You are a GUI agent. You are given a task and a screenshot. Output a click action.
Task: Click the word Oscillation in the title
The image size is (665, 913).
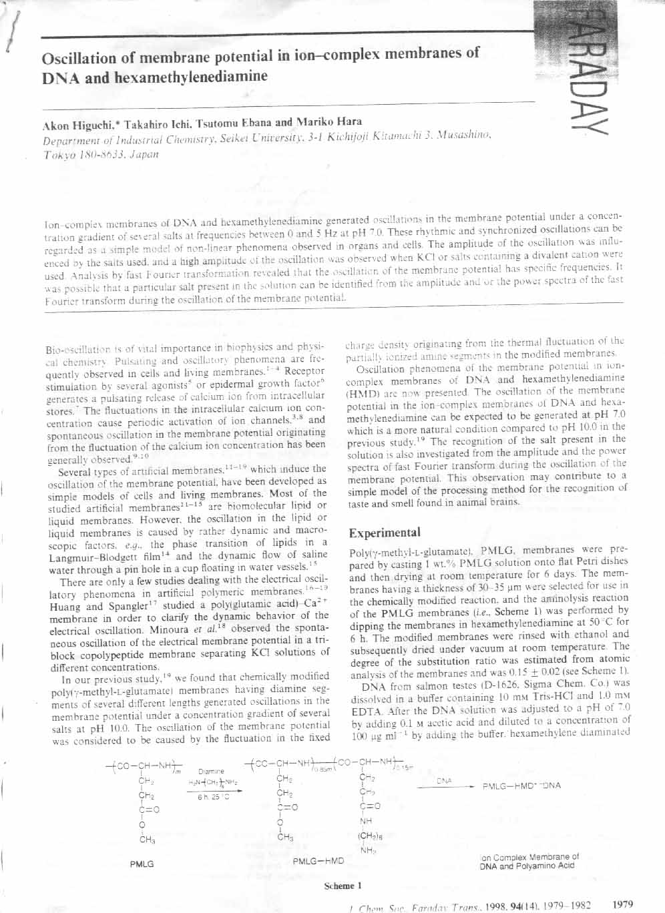[76, 58]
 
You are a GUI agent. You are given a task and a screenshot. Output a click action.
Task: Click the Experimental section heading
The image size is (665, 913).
[385, 533]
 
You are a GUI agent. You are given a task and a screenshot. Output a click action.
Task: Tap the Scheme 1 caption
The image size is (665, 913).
[343, 886]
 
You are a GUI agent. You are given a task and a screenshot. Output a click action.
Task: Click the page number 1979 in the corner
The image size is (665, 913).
[622, 904]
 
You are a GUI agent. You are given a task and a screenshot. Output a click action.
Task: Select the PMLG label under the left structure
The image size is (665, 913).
[142, 864]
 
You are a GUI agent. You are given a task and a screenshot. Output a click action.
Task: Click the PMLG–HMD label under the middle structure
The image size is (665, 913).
[318, 861]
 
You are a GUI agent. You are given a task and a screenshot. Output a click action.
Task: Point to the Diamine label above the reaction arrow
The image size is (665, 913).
[211, 771]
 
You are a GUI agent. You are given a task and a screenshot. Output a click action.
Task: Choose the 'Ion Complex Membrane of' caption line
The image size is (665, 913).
[529, 857]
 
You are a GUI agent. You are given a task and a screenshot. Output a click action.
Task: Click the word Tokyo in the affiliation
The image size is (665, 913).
[57, 155]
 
